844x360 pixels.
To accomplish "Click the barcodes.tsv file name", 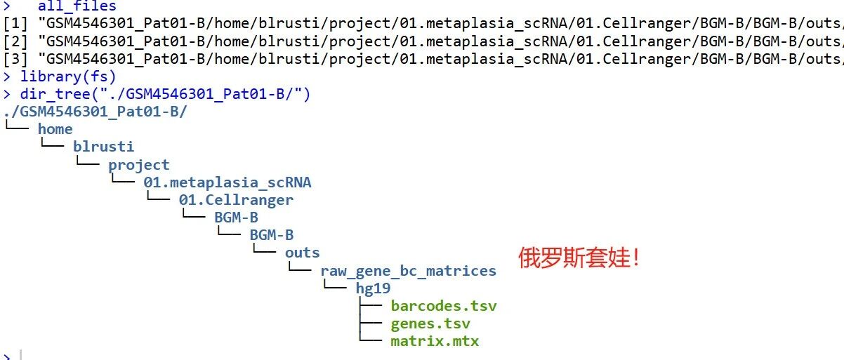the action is pyautogui.click(x=444, y=306).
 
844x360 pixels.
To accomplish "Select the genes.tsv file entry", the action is pyautogui.click(x=430, y=324).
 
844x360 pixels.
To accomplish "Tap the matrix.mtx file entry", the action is pyautogui.click(x=435, y=341).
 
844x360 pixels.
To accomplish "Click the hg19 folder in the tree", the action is pyautogui.click(x=373, y=288).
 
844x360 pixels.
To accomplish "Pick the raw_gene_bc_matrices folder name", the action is pyautogui.click(x=409, y=271).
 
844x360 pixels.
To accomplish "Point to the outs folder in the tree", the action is pyautogui.click(x=302, y=253).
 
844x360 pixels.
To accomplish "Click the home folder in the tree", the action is pyautogui.click(x=55, y=129).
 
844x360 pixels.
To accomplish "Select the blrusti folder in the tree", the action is pyautogui.click(x=104, y=147).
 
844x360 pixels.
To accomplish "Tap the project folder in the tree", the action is pyautogui.click(x=139, y=165).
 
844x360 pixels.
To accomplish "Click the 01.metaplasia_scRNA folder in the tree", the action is pyautogui.click(x=228, y=182).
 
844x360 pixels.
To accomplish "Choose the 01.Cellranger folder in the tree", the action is pyautogui.click(x=236, y=200).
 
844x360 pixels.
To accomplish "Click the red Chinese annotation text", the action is pyautogui.click(x=579, y=258).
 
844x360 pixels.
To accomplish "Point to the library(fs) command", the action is pyautogui.click(x=68, y=76).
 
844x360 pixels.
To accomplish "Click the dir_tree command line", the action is pyautogui.click(x=165, y=94).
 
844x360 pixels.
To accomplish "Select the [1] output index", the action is pyautogui.click(x=15, y=23).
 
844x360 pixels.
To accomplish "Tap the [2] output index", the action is pyautogui.click(x=15, y=41).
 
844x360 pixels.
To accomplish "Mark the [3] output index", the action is pyautogui.click(x=15, y=59).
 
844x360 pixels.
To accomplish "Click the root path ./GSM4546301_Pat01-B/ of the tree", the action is pyautogui.click(x=95, y=112).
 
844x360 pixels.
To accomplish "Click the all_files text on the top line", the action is pyautogui.click(x=77, y=6).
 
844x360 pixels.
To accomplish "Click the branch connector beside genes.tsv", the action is pyautogui.click(x=371, y=323).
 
